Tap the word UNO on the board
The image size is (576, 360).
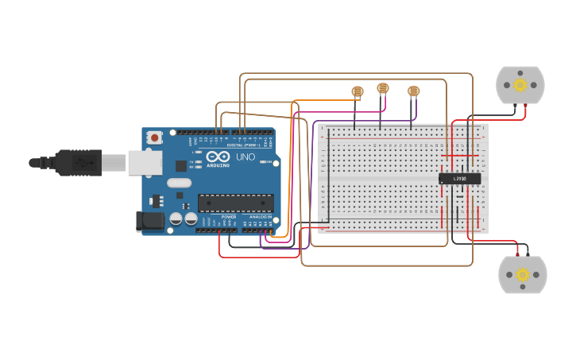click(x=245, y=157)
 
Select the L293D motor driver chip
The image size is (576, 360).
click(x=460, y=179)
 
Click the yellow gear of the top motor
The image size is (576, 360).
click(x=520, y=85)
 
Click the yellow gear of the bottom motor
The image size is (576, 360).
click(x=523, y=275)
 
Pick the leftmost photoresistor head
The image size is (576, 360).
click(x=358, y=92)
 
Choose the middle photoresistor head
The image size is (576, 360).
click(x=383, y=88)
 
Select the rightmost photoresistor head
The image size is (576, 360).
click(x=413, y=91)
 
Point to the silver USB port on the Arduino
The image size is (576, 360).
click(x=145, y=162)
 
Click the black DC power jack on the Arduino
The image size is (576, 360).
click(x=149, y=221)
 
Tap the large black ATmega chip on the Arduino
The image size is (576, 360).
click(x=235, y=203)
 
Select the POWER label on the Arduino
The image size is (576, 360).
click(x=229, y=217)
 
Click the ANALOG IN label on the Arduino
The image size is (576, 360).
click(x=260, y=217)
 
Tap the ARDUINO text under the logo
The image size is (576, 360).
click(x=218, y=165)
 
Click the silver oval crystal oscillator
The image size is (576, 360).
click(x=179, y=183)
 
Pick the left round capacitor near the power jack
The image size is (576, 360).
click(x=176, y=218)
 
